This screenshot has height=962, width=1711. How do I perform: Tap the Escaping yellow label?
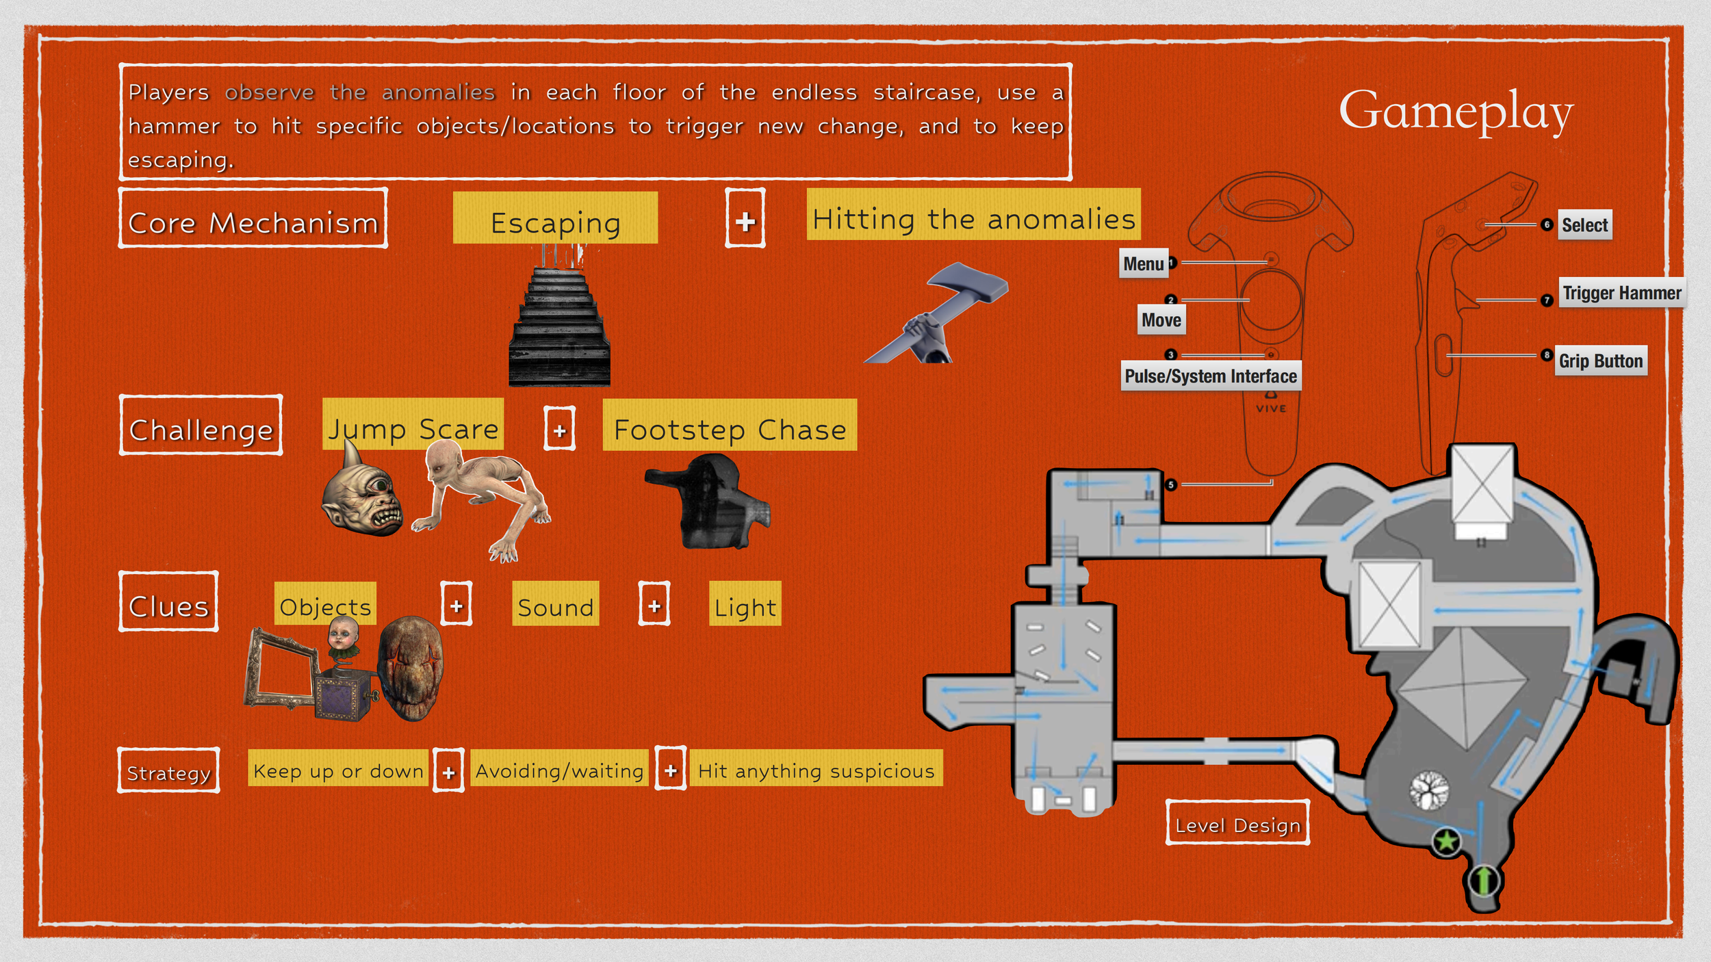[555, 218]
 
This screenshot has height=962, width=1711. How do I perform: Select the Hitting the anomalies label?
[973, 215]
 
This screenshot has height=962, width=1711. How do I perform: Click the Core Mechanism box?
[253, 219]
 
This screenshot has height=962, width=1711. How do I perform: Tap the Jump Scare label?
[413, 425]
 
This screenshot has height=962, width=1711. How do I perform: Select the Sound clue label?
[555, 604]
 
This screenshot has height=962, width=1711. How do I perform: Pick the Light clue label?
[745, 604]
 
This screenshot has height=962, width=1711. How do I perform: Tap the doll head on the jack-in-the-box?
[343, 635]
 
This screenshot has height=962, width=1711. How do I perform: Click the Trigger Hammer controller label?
[1621, 293]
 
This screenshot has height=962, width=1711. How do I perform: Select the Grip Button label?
[1601, 361]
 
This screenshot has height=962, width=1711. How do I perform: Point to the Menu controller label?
[1144, 264]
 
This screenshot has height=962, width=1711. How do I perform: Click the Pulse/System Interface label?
[1211, 376]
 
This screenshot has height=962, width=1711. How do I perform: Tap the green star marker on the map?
[1446, 841]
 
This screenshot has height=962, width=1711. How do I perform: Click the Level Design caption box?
[1237, 823]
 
